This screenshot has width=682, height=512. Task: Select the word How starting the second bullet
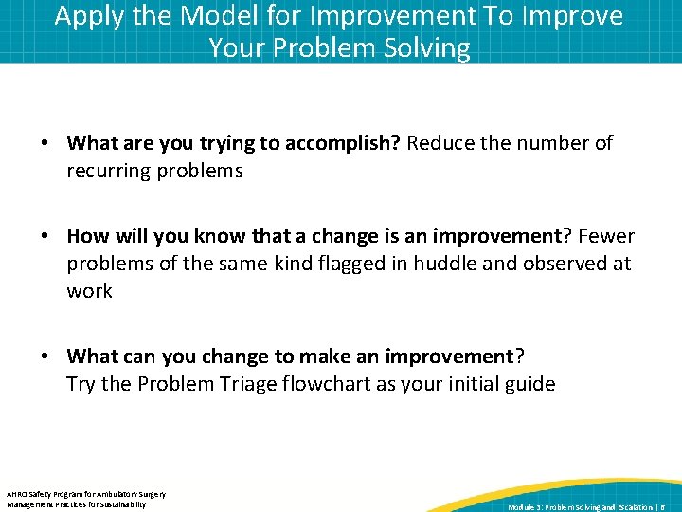click(x=88, y=235)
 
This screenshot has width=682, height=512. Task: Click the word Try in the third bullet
click(x=81, y=384)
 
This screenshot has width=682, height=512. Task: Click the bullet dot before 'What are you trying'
click(x=45, y=144)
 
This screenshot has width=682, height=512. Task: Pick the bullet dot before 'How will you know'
click(x=45, y=236)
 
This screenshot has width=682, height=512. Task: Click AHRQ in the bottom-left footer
click(x=18, y=494)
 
